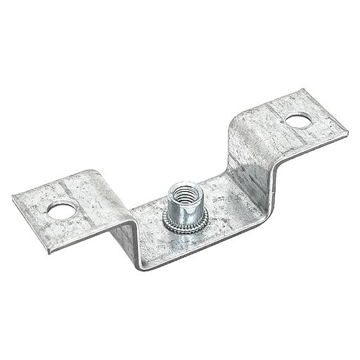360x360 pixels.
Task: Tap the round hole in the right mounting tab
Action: pyautogui.click(x=297, y=120)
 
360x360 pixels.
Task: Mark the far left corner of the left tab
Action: pyautogui.click(x=13, y=196)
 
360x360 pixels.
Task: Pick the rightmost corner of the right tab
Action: pyautogui.click(x=347, y=130)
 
